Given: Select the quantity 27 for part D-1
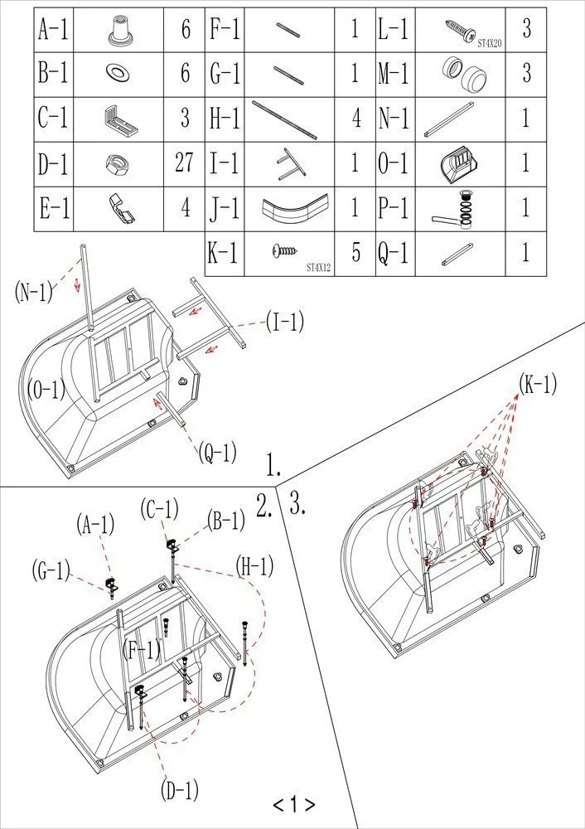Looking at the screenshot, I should tap(184, 162).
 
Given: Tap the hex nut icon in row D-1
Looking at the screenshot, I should tap(115, 162).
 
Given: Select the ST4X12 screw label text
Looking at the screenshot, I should tap(319, 267).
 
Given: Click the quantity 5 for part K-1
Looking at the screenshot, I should tap(355, 253).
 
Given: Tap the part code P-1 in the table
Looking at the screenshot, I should tap(394, 208).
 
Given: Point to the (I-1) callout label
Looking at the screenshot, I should tap(284, 322).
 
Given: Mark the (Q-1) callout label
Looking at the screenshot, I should tap(218, 453).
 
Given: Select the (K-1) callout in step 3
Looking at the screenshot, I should tap(538, 384).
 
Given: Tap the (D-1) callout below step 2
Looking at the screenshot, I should tap(180, 791).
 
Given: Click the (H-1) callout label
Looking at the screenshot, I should tap(254, 566).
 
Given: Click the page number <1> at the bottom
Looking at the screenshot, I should tap(293, 804).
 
